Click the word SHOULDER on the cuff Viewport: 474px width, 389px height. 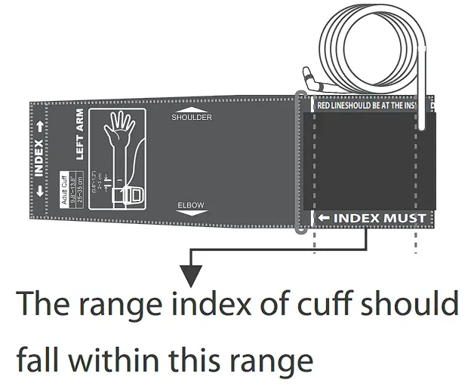192,118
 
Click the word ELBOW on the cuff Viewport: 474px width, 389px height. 191,205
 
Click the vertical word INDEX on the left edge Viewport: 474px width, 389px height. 39,159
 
